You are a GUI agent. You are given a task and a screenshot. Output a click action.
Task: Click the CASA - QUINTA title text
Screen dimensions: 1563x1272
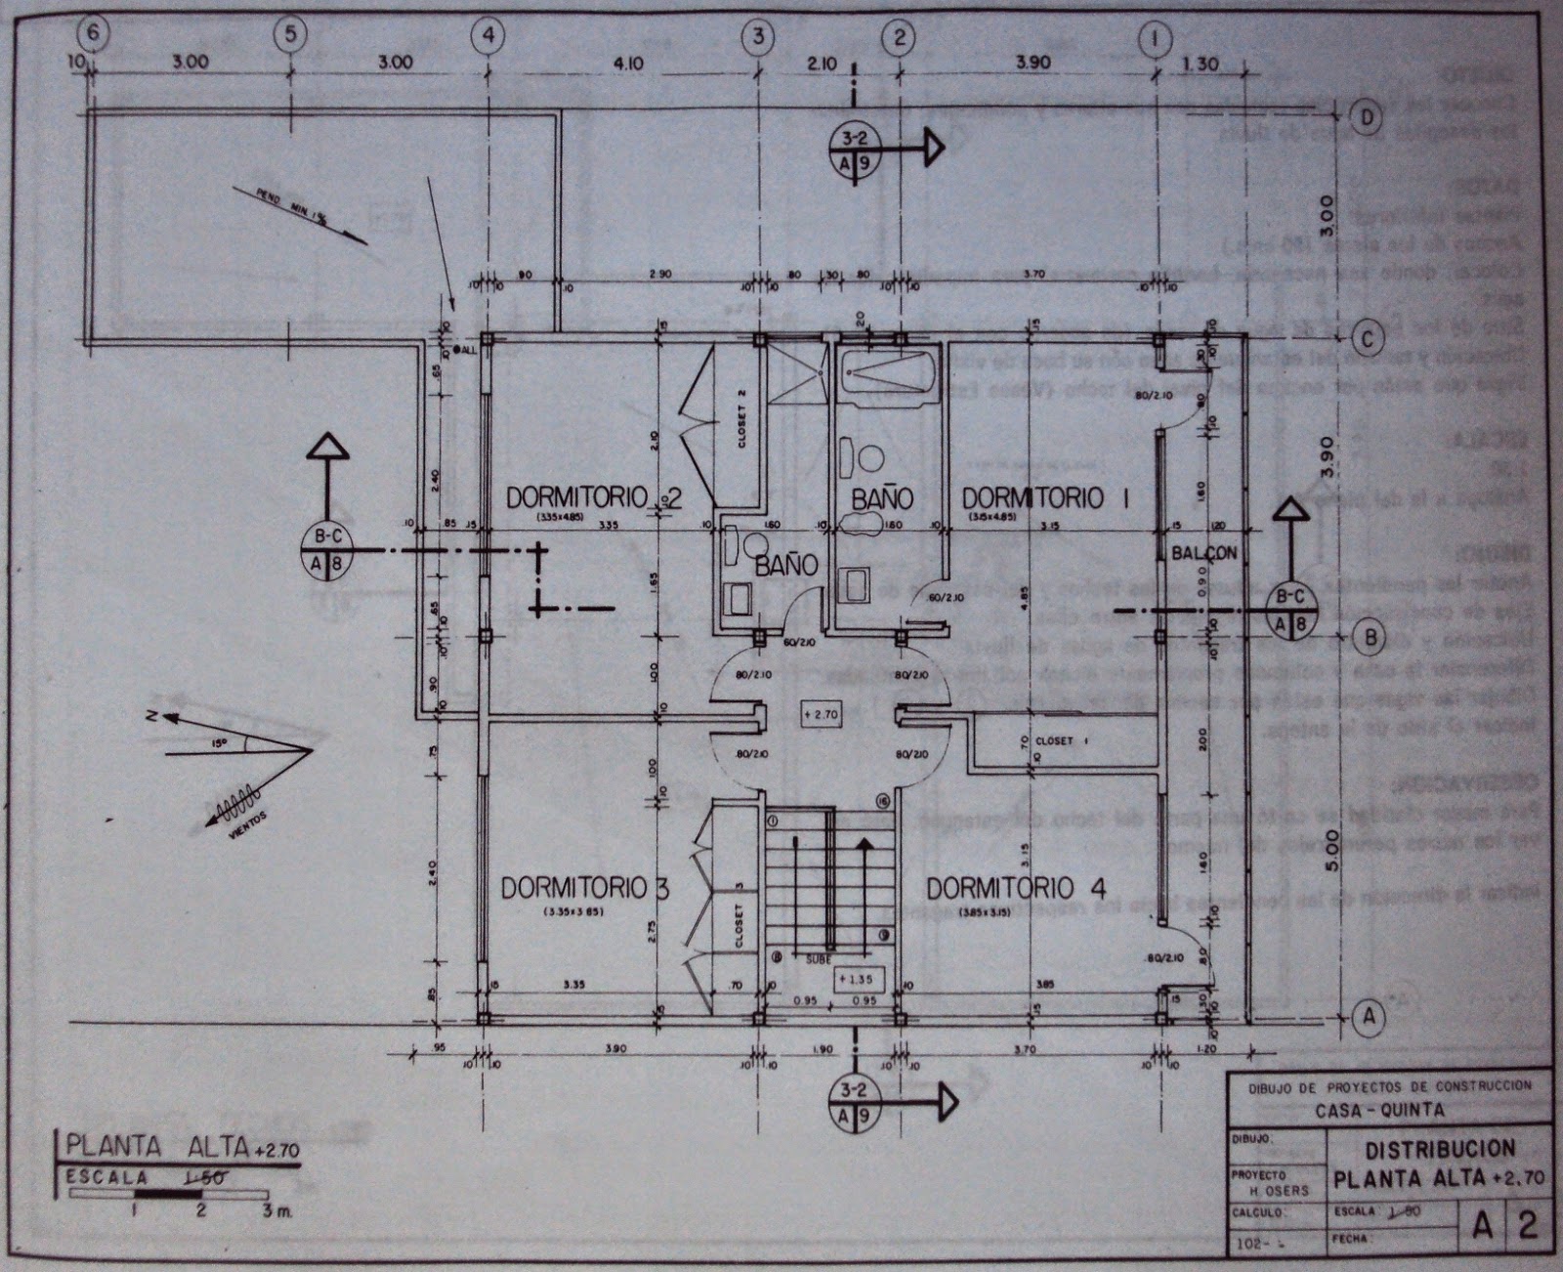pyautogui.click(x=1378, y=1110)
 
